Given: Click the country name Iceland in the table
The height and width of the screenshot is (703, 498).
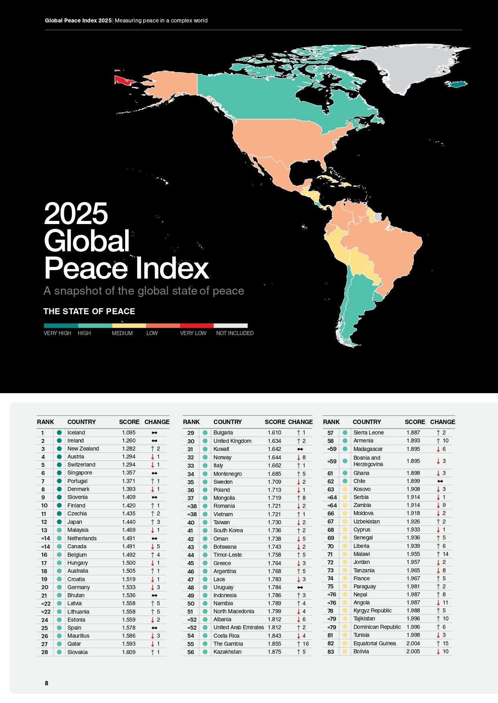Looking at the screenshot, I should [76, 432].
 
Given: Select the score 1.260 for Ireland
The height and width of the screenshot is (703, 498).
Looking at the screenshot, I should [129, 440].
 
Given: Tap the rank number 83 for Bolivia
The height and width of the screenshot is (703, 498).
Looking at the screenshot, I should [330, 651].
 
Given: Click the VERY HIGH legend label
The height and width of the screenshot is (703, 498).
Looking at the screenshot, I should [57, 333].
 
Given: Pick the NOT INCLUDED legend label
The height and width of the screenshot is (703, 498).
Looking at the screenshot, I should [235, 333].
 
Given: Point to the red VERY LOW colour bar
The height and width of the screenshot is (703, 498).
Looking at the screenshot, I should [197, 326].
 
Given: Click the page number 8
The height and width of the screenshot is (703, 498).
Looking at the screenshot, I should [47, 683].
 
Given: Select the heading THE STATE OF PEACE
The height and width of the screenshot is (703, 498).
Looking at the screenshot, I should [89, 311].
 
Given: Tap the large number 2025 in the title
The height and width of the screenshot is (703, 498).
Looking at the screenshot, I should [76, 214].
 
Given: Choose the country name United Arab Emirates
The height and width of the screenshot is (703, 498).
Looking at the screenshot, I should [238, 627].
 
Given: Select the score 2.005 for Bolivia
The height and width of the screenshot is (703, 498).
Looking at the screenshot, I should [413, 651].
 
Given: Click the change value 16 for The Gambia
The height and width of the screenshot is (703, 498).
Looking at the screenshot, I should [305, 644].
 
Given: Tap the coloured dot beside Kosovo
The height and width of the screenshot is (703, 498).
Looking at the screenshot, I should [345, 489].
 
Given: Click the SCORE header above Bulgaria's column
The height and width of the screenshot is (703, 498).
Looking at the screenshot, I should [275, 422].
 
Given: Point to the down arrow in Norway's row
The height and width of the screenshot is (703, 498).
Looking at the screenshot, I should [299, 457].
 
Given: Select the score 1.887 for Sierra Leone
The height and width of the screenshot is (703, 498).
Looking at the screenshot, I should [413, 432].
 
